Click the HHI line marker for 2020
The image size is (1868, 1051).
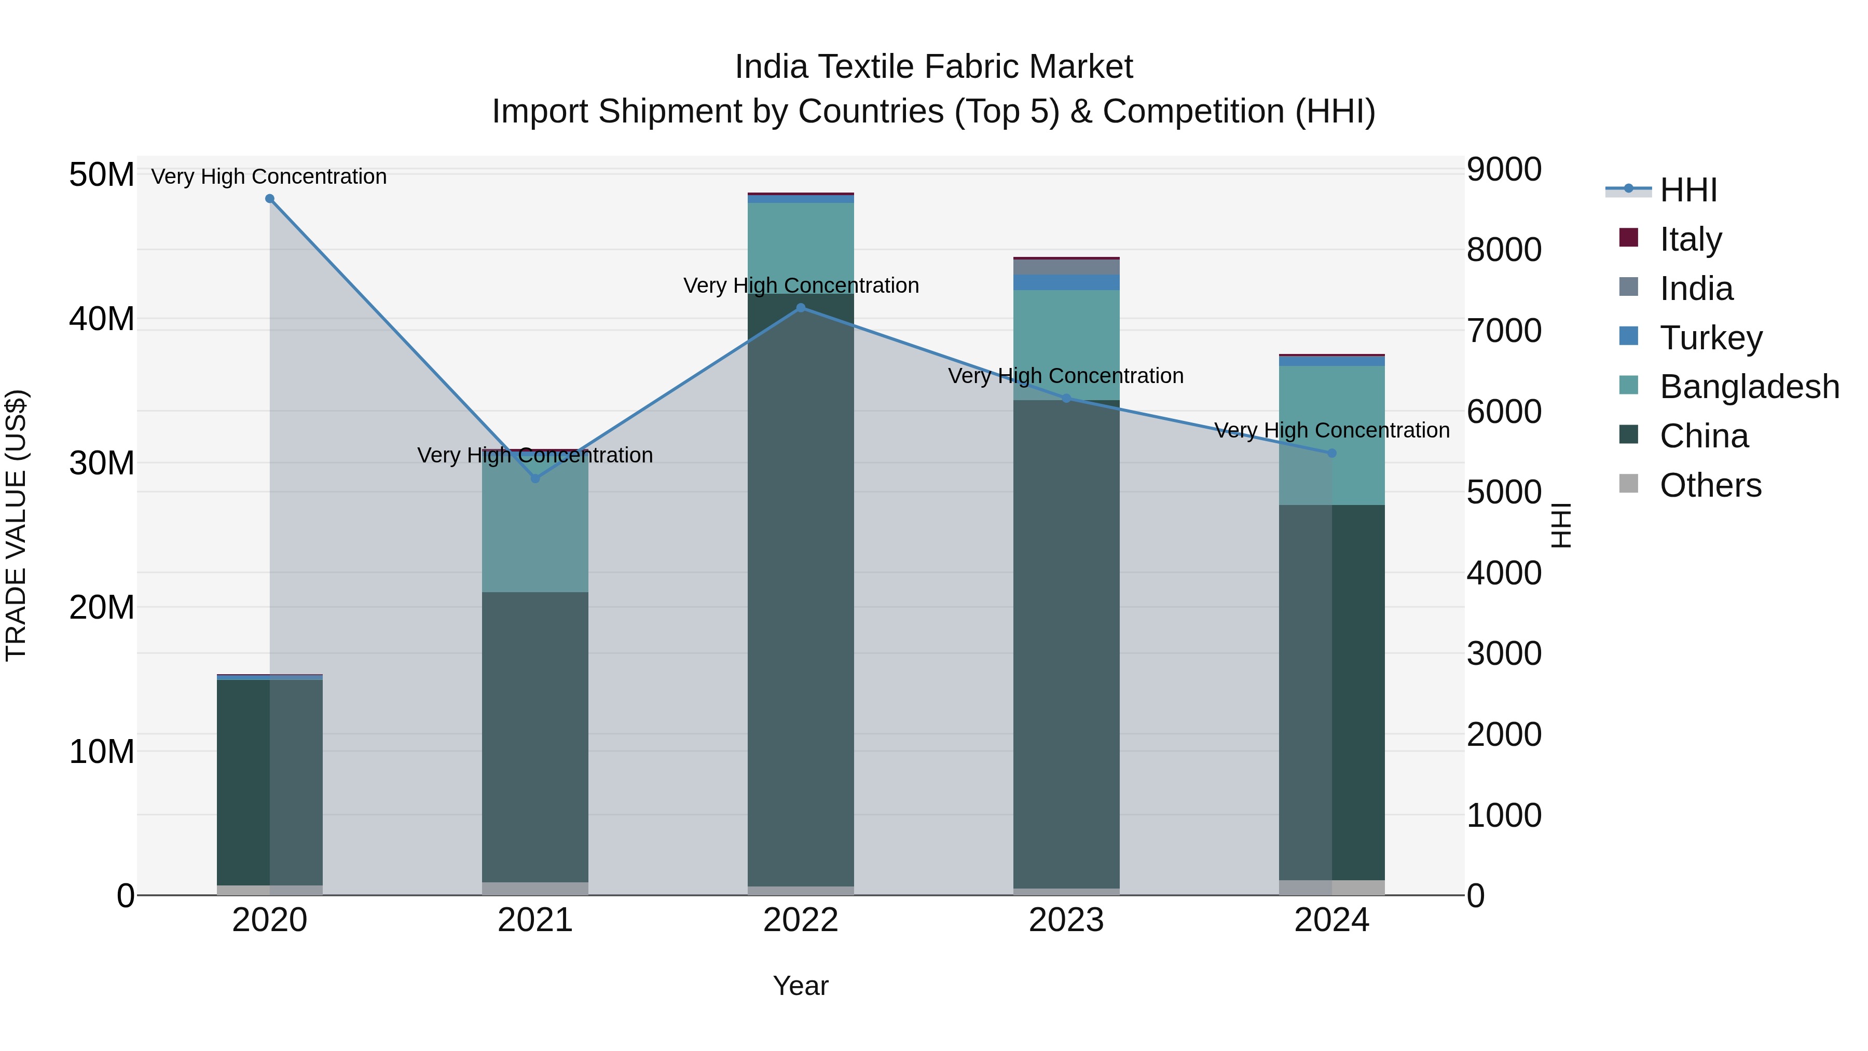pos(270,199)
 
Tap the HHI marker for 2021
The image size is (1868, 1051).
pos(535,479)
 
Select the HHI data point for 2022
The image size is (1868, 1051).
pos(801,308)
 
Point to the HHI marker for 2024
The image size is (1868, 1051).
pos(1331,453)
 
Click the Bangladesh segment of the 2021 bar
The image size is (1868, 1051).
pos(535,529)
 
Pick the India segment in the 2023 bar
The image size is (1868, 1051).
pos(1066,267)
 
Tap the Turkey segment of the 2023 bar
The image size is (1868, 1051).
pos(1066,282)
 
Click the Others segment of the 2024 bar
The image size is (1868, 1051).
pos(1331,888)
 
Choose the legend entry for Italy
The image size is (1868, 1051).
pos(1690,239)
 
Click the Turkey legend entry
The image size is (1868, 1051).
pos(1710,338)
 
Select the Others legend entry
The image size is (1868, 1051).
pos(1710,485)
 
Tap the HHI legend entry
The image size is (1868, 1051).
pos(1687,190)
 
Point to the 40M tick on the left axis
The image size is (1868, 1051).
pos(102,319)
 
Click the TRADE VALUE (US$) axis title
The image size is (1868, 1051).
pos(16,525)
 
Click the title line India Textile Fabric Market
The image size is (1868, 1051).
pos(933,67)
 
